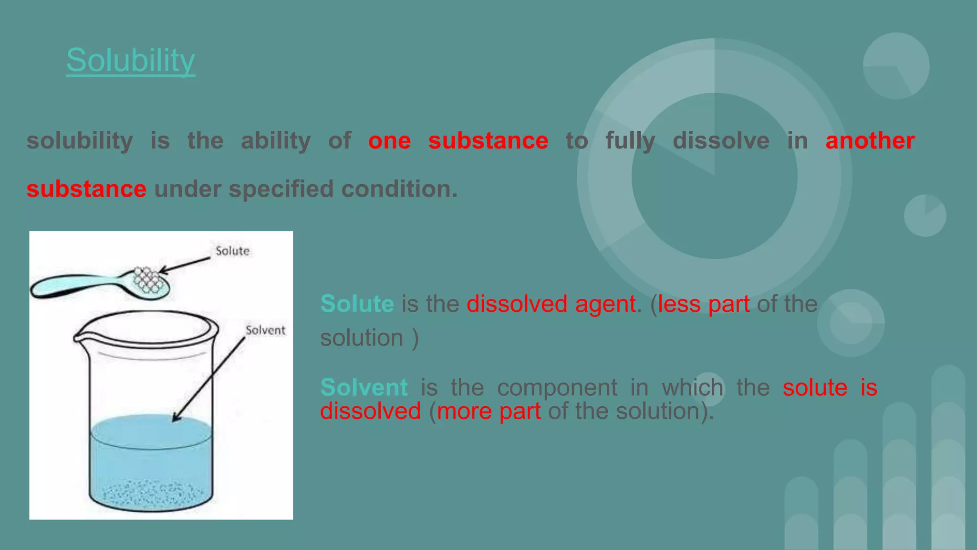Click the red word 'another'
[x=870, y=141]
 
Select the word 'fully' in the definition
[x=630, y=141]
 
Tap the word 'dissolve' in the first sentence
[x=721, y=141]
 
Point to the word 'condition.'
[x=399, y=189]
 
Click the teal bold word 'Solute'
[x=357, y=304]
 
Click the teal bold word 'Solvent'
[x=364, y=387]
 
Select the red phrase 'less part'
[x=703, y=304]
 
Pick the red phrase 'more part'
[x=488, y=411]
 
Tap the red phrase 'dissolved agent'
[x=551, y=304]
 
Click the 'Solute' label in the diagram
[x=232, y=251]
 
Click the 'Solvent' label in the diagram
[x=265, y=330]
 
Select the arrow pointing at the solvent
[x=210, y=377]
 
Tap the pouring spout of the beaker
[x=79, y=337]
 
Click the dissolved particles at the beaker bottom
[x=150, y=494]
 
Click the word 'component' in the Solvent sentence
[x=557, y=387]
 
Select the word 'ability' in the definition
[x=275, y=141]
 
